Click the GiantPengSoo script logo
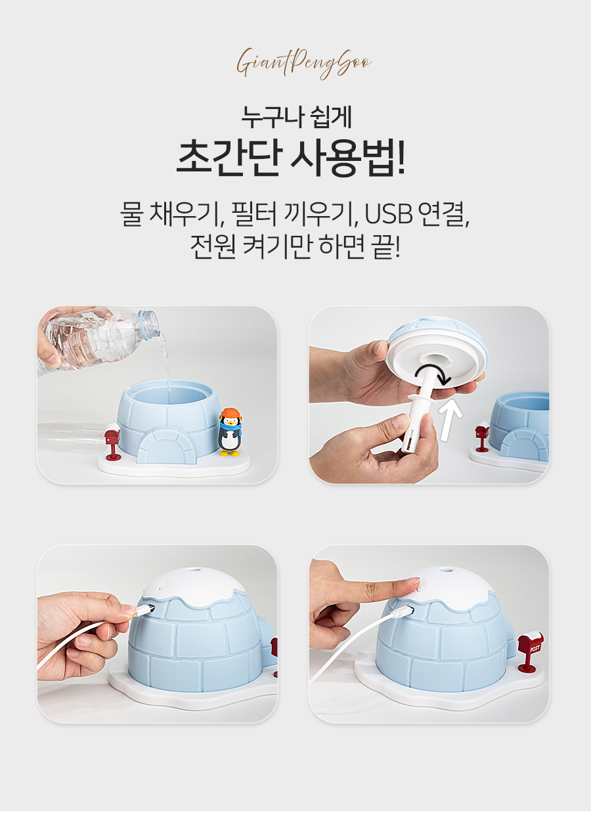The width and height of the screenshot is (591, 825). click(x=304, y=62)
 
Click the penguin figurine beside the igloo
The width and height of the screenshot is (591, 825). click(x=229, y=432)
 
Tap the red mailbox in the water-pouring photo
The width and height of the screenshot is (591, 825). click(x=112, y=441)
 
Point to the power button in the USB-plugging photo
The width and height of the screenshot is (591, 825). click(x=164, y=585)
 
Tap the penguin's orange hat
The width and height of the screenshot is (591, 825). click(x=230, y=413)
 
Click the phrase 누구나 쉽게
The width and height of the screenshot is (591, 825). click(x=295, y=117)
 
